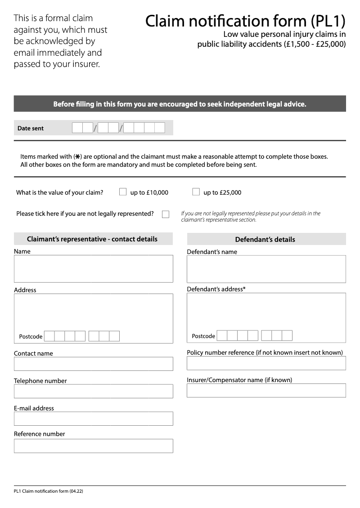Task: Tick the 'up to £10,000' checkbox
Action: click(123, 192)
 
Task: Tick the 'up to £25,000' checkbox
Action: click(196, 192)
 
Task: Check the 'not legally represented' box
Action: click(166, 214)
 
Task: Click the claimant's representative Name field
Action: click(93, 269)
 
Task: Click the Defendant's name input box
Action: click(266, 269)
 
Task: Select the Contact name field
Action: click(93, 364)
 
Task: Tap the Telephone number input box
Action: click(93, 391)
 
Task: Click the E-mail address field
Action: click(93, 419)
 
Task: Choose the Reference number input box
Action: click(93, 446)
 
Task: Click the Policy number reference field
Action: click(266, 363)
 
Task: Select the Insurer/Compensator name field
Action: click(266, 391)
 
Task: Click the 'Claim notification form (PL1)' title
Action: click(245, 21)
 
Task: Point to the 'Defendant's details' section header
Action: click(265, 240)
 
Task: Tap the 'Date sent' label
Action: click(31, 128)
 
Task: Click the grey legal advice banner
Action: click(180, 104)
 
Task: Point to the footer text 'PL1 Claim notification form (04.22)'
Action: click(49, 491)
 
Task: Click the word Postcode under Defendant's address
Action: click(203, 336)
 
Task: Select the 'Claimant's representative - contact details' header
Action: click(92, 239)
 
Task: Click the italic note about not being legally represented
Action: click(251, 217)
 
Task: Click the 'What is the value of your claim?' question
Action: click(59, 192)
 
